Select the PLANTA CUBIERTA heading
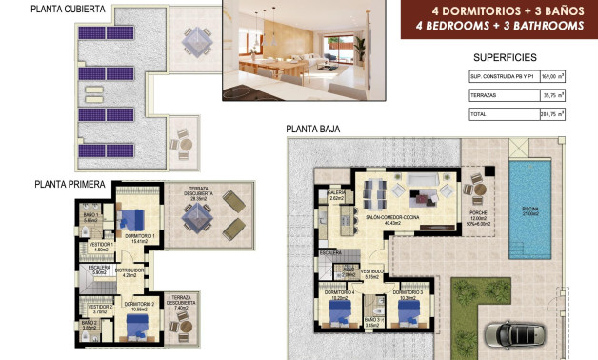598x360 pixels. (x=70, y=10)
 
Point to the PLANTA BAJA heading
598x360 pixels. (x=313, y=130)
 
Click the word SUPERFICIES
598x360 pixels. (x=505, y=57)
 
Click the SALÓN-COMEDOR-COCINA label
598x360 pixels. (x=392, y=217)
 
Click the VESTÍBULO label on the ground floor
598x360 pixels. (x=371, y=271)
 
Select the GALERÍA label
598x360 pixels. (x=335, y=192)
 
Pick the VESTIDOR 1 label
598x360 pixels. (x=102, y=245)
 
